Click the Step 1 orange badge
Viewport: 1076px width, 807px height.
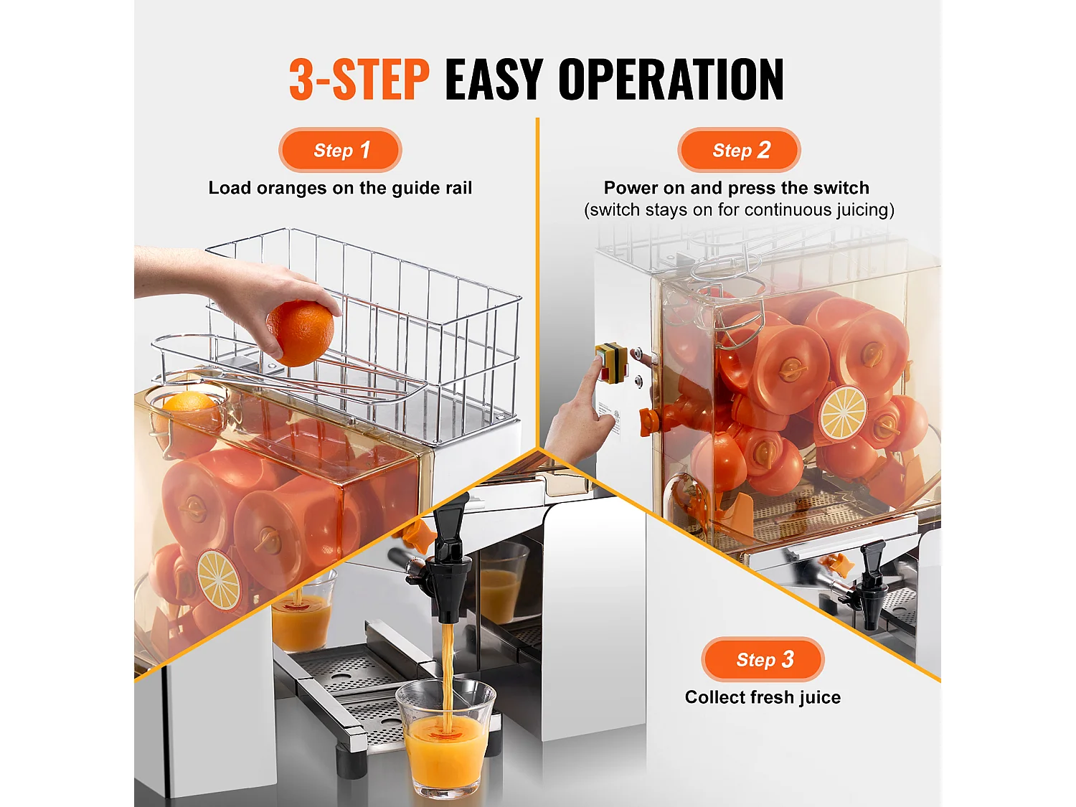[x=340, y=150]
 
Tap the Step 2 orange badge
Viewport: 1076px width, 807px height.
[x=739, y=150]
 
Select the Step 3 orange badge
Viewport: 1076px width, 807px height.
[x=763, y=659]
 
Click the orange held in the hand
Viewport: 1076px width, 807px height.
[x=301, y=332]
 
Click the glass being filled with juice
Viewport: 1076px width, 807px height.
[x=445, y=739]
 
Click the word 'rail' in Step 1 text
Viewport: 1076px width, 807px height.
[x=458, y=188]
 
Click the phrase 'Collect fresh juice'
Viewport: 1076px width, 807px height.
[x=763, y=697]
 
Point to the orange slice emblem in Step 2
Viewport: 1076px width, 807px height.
[x=843, y=413]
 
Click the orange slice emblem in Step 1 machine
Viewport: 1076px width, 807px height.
[x=219, y=580]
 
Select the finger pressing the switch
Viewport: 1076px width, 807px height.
[x=591, y=380]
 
